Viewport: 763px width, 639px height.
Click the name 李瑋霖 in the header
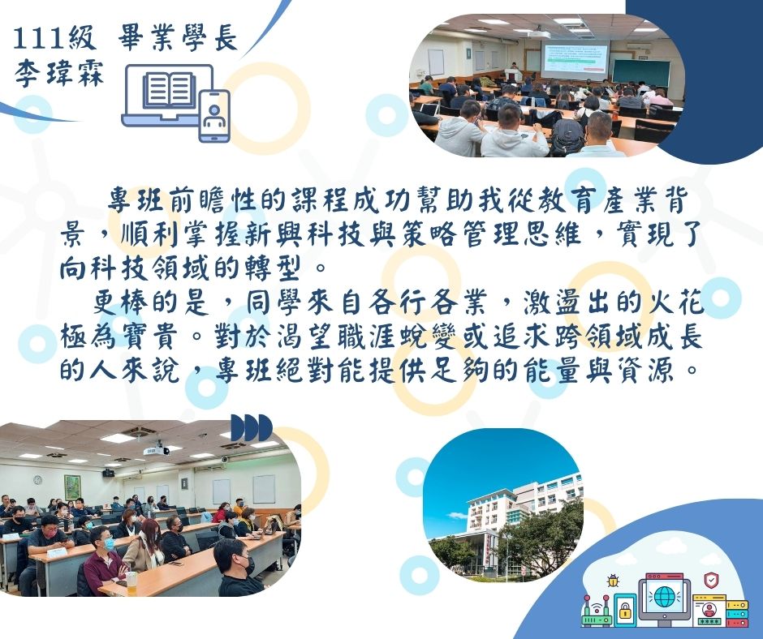(59, 74)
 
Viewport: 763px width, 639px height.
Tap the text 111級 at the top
(54, 38)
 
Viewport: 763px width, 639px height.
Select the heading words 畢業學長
(178, 37)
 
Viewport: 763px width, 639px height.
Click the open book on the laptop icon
(169, 90)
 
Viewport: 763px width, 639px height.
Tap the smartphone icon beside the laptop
(214, 116)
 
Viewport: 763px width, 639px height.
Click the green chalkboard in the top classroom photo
(640, 72)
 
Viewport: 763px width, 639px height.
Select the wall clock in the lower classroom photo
(37, 480)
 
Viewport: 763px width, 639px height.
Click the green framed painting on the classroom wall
(72, 487)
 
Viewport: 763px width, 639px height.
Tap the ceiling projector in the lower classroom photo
(156, 450)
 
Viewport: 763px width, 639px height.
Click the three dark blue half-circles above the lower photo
(251, 428)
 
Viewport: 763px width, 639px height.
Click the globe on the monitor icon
(664, 597)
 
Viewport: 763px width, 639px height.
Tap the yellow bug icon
(612, 581)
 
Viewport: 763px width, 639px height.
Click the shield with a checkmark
(711, 580)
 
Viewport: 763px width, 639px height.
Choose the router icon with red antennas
(597, 611)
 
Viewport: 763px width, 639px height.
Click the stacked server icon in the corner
(737, 613)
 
